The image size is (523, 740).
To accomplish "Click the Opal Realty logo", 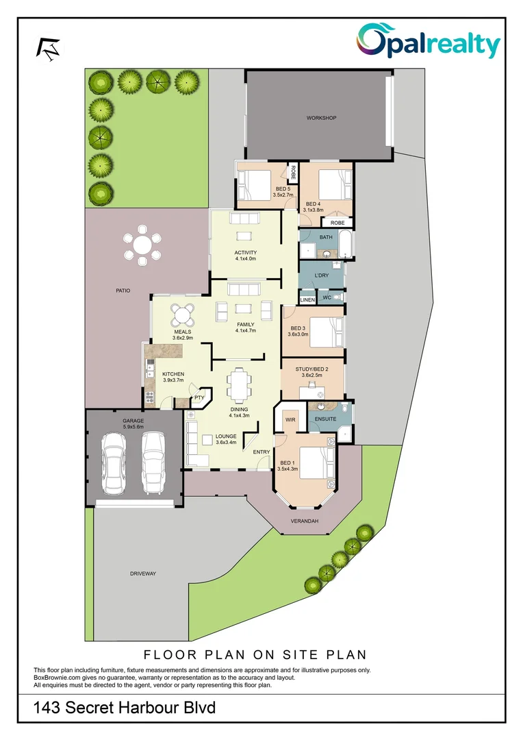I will pos(429,41).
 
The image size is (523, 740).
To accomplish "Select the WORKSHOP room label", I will pos(321,119).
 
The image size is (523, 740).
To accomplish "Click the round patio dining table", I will pos(142,245).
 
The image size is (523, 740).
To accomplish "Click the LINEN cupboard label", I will pos(307,299).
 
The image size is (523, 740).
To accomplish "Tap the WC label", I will pos(327,298).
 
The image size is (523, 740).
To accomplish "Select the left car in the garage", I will pos(112,465).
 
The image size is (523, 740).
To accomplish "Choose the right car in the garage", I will pos(153,465).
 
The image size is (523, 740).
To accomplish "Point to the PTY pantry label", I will pos(199,397).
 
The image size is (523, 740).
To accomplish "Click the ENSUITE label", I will pos(325,419).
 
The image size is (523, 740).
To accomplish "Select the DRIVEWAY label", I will pos(142,573).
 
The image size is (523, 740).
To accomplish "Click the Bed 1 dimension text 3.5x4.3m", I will pos(290,470).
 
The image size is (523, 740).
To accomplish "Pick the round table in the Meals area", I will pos(182,315).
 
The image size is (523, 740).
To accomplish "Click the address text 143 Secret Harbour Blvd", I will pos(125,707).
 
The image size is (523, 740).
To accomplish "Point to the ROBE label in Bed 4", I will pos(337,223).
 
